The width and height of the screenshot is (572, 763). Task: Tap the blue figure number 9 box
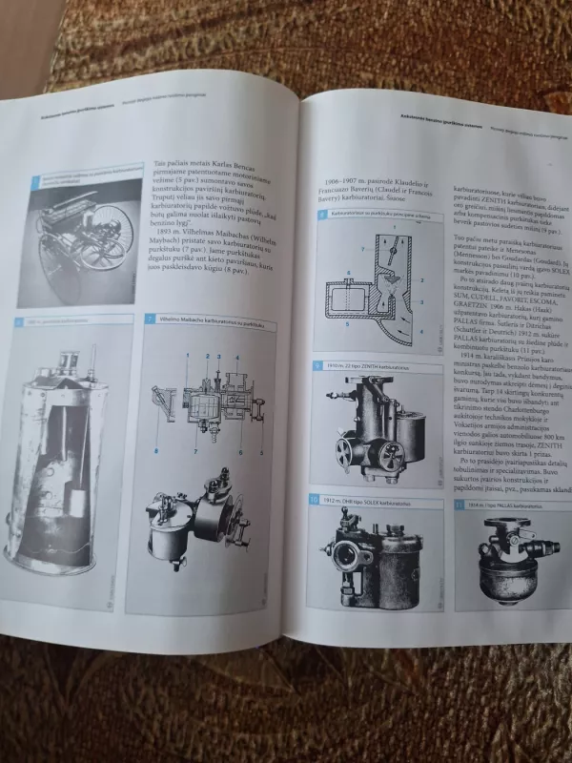319,366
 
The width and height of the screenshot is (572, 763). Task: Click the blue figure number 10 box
315,499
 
